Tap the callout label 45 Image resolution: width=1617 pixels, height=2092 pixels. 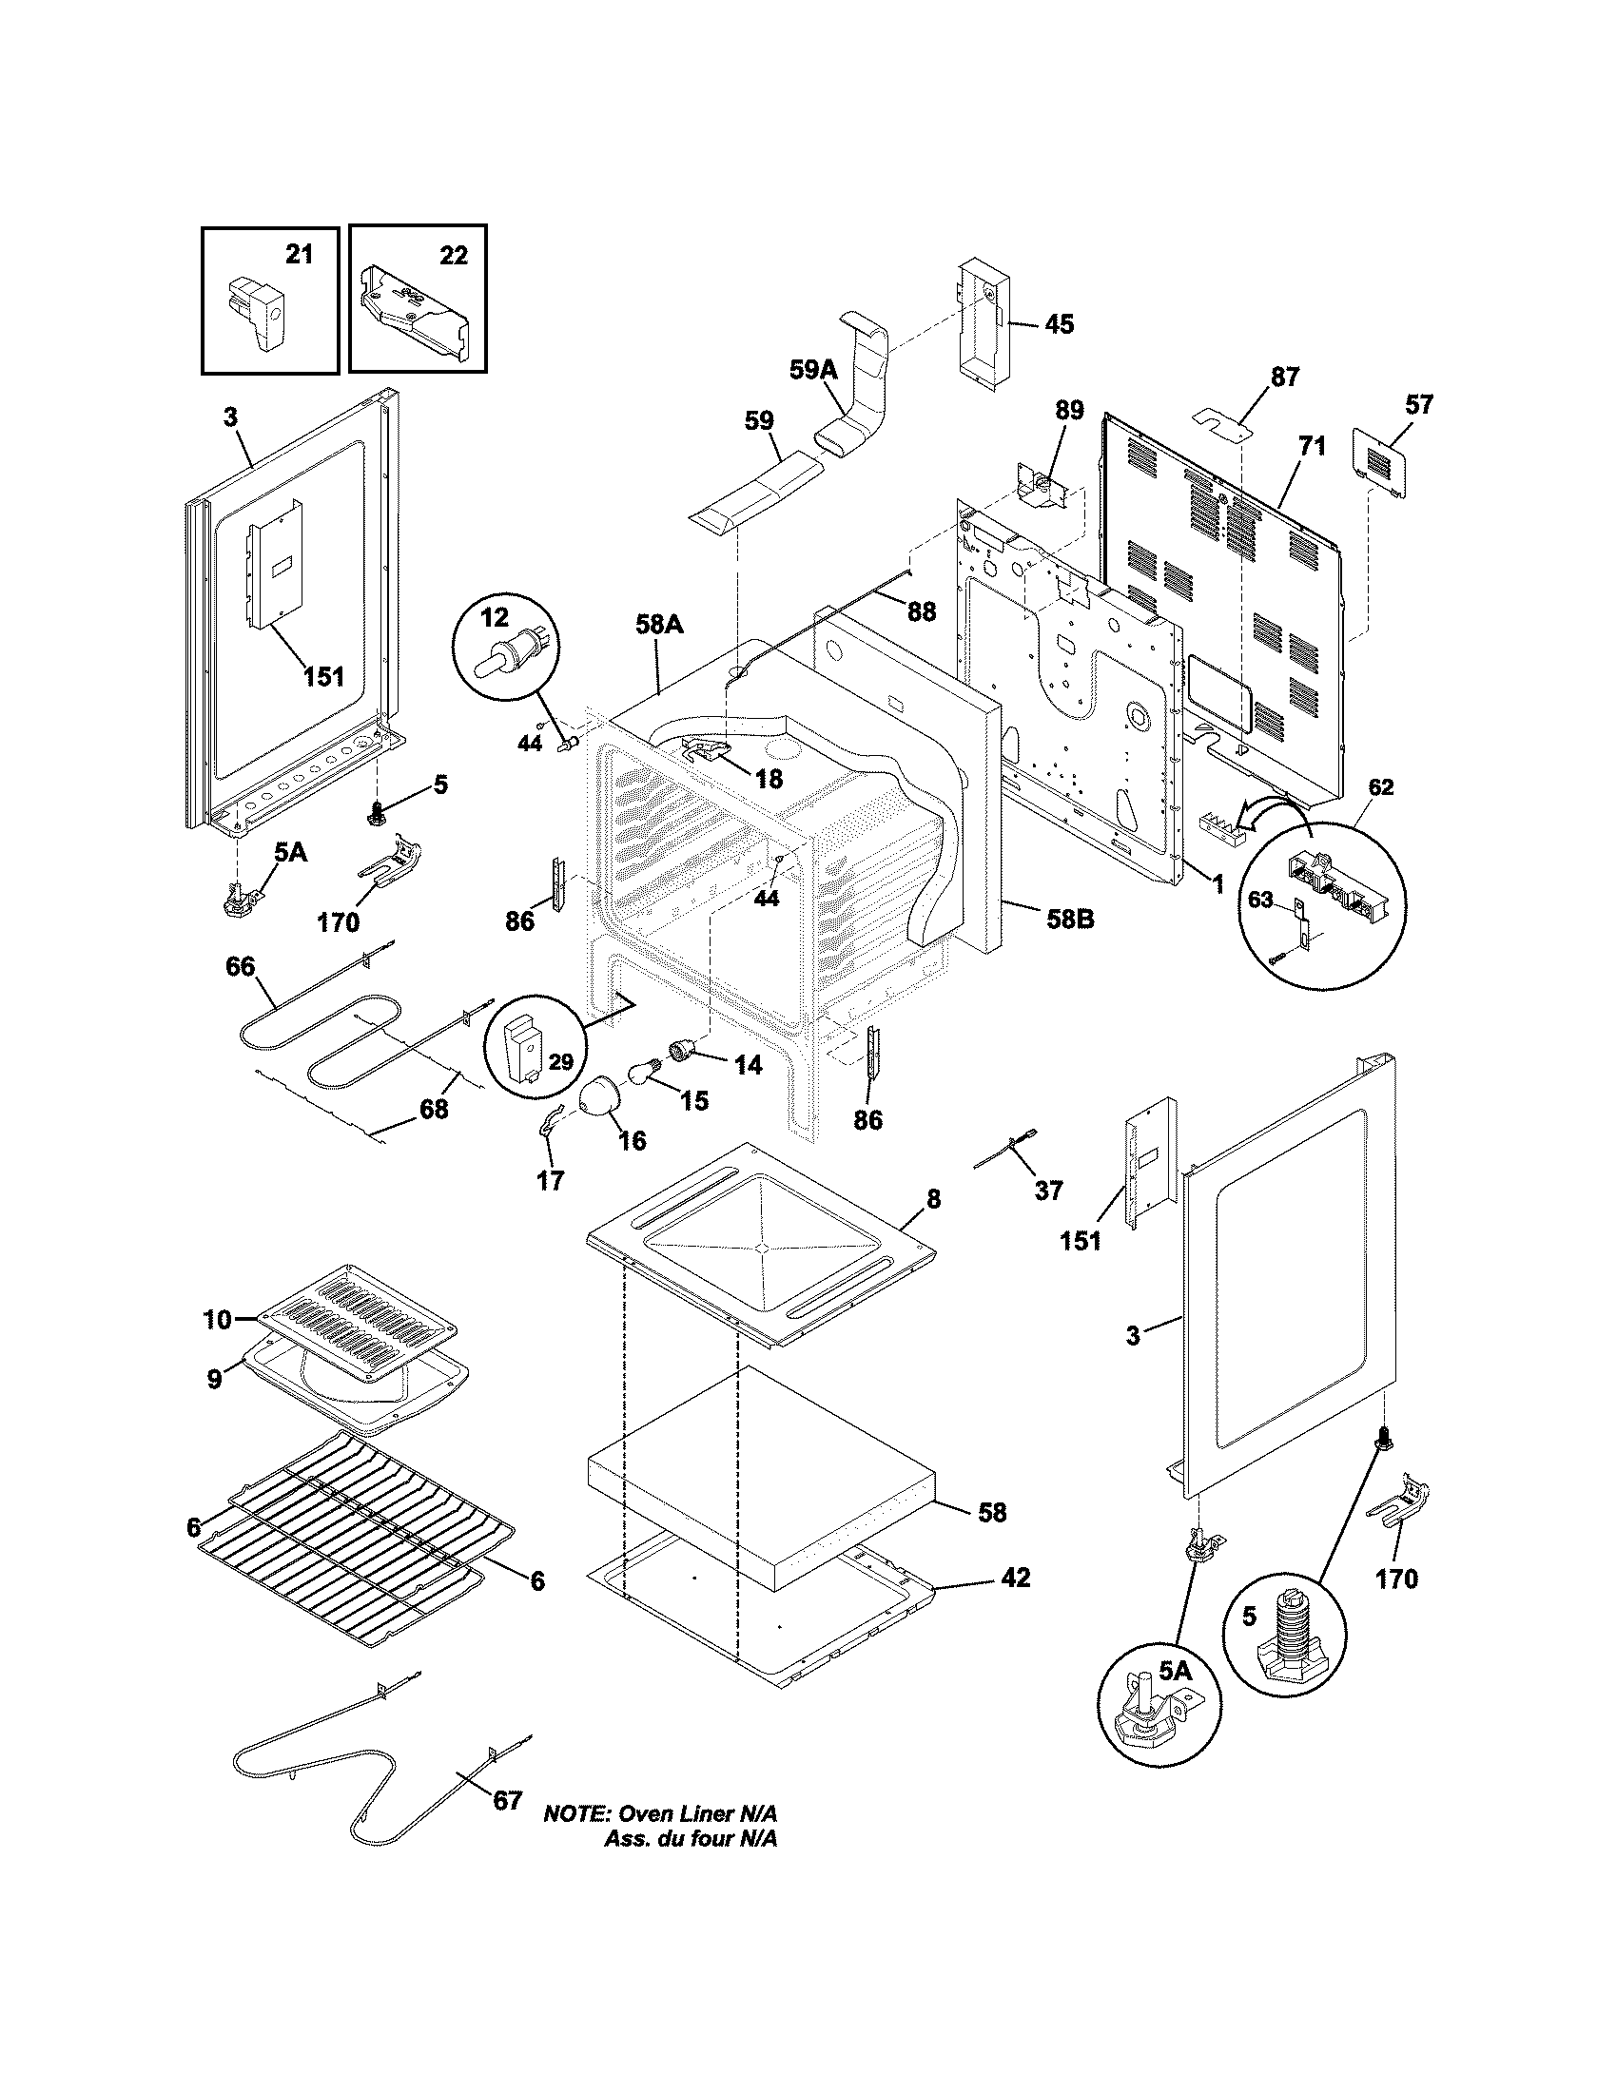1059,324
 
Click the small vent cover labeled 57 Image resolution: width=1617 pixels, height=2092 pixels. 1379,464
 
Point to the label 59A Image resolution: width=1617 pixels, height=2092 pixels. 813,371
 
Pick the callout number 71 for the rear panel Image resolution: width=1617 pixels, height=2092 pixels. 1312,445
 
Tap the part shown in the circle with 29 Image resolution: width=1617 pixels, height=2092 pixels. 526,1049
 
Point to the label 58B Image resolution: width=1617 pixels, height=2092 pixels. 1069,920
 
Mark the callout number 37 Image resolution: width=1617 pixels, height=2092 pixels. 1049,1190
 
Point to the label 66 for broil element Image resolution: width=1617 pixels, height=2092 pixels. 241,966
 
